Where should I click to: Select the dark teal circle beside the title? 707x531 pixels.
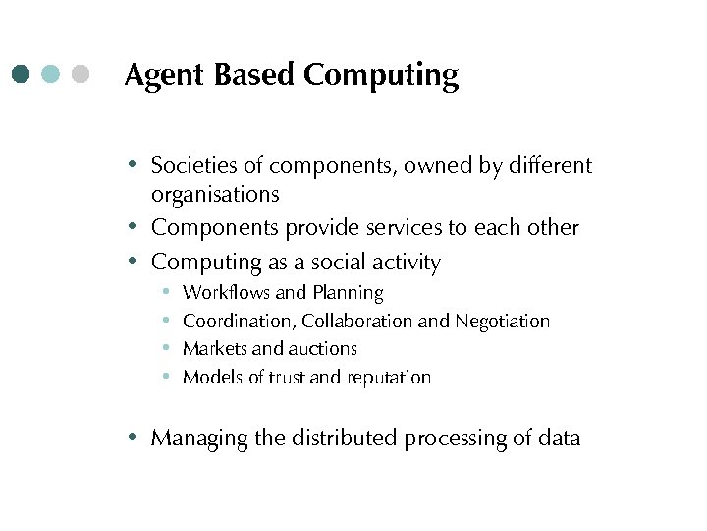(22, 74)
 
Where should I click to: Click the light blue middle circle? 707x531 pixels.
(51, 74)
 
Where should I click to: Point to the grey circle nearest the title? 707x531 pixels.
(81, 74)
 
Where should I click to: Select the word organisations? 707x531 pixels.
(215, 195)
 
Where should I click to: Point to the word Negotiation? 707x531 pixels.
(501, 322)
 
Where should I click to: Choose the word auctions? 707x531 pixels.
(323, 348)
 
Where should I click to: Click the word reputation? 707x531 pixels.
(385, 378)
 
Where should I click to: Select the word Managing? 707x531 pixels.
(199, 439)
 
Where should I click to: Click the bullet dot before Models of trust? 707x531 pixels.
(167, 377)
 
